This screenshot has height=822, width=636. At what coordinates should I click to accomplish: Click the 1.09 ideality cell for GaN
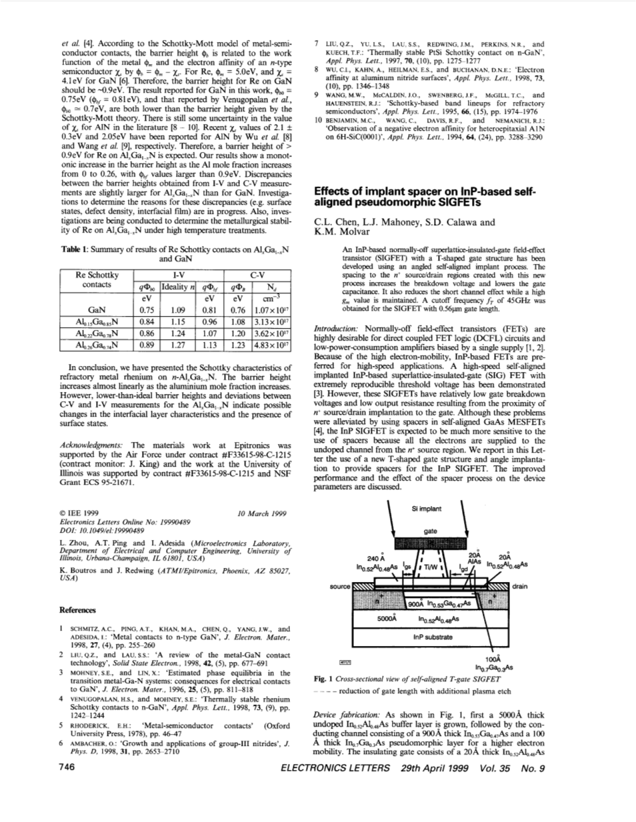177,309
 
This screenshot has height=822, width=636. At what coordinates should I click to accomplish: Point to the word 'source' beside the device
340,587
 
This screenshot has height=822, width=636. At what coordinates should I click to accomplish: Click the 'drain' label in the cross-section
519,587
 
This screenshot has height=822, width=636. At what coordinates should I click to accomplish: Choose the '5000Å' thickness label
387,618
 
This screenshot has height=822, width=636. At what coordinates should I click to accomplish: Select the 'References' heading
77,609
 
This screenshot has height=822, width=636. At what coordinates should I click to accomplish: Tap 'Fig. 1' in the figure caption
323,679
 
